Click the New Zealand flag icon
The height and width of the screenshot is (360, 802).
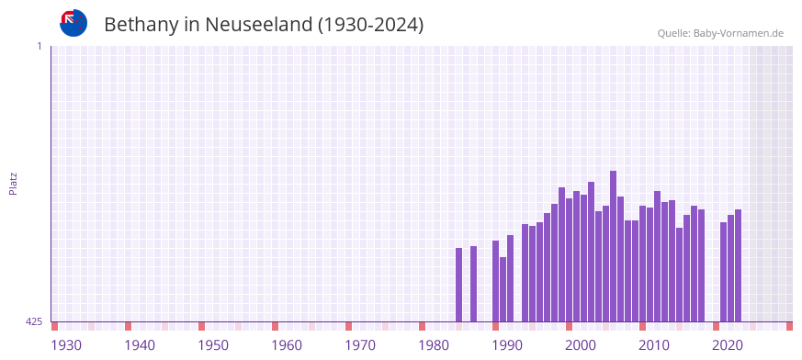[x=73, y=23]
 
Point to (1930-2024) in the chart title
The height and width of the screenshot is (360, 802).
[x=370, y=25]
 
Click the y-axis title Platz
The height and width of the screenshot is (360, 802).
[x=13, y=184]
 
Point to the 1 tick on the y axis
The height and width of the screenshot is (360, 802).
[x=39, y=46]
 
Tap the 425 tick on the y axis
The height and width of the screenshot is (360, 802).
[x=34, y=321]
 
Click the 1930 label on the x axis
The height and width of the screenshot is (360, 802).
[x=66, y=344]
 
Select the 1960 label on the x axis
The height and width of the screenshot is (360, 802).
[x=287, y=344]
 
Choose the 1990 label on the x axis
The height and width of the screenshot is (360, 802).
[x=507, y=344]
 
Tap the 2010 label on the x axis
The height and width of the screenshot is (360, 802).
[x=654, y=344]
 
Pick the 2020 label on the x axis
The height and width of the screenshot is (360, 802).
[x=728, y=344]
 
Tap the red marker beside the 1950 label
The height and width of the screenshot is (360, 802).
[x=202, y=326]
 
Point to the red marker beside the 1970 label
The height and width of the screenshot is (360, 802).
[x=349, y=326]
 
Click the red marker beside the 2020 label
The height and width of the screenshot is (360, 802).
[x=717, y=326]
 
